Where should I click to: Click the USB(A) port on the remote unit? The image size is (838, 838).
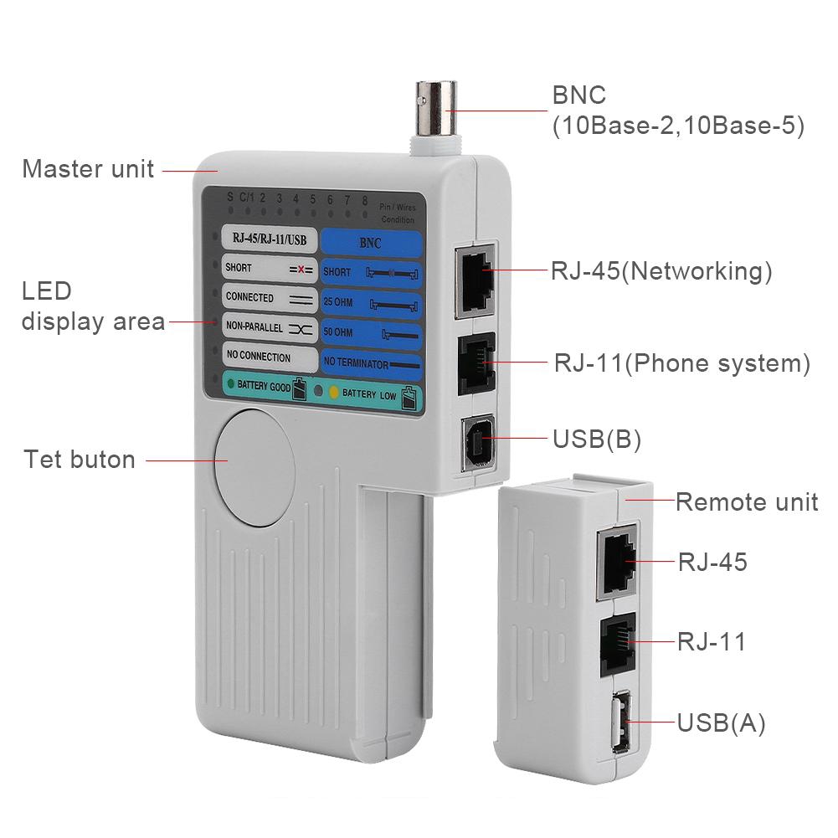pos(620,721)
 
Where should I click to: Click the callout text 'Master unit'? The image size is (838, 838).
pos(88,169)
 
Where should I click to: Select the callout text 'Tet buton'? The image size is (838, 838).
pos(80,460)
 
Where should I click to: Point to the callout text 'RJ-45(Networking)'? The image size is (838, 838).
pos(661,271)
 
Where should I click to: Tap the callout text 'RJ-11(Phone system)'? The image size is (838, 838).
pos(682,364)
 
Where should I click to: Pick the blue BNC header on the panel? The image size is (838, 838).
pos(370,244)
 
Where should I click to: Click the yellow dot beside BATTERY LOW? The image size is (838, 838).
pos(332,392)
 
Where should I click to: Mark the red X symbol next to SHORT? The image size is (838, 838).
pos(301,270)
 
